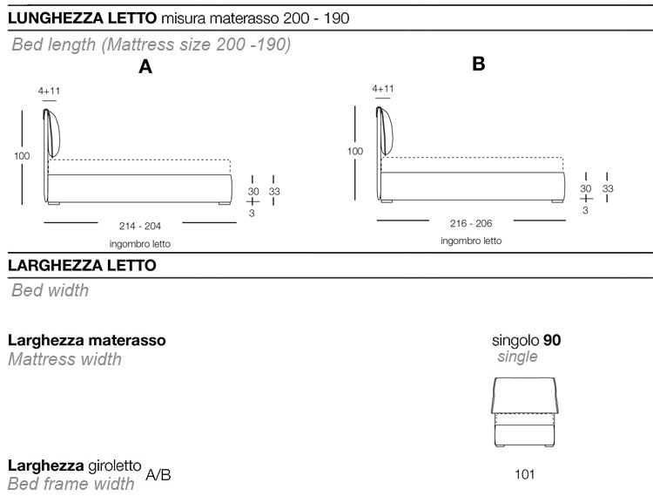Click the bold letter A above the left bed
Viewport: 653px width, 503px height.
point(145,67)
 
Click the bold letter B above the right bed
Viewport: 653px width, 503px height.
point(479,65)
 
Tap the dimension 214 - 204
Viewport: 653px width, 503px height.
point(140,226)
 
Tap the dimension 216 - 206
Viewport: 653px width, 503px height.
point(471,223)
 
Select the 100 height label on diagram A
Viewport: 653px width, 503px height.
point(22,156)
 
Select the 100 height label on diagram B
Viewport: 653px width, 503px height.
point(355,152)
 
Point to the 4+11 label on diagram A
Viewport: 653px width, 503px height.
point(49,91)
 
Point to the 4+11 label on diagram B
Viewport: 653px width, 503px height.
point(383,88)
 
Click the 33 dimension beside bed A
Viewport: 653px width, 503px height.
point(274,192)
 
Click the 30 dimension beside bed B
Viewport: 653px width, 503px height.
point(586,188)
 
